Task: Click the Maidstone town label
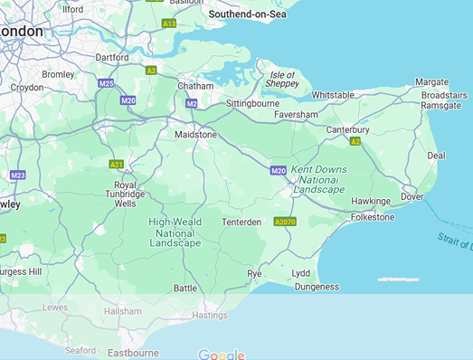(x=195, y=135)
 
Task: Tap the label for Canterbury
(x=347, y=129)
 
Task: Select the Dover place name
(x=412, y=196)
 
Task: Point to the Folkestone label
(x=373, y=217)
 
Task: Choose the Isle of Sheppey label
(x=281, y=79)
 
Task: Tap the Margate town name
(x=432, y=81)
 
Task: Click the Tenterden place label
(x=241, y=222)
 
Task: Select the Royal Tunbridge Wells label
(x=118, y=194)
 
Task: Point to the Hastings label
(x=209, y=316)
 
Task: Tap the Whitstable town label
(x=334, y=95)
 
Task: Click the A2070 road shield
(x=285, y=222)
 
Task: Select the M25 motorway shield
(x=106, y=83)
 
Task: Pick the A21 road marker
(x=117, y=164)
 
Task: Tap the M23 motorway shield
(x=17, y=175)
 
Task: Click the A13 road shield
(x=168, y=23)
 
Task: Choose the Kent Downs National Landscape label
(x=317, y=179)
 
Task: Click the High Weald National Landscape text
(x=175, y=232)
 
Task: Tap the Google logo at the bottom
(x=222, y=355)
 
